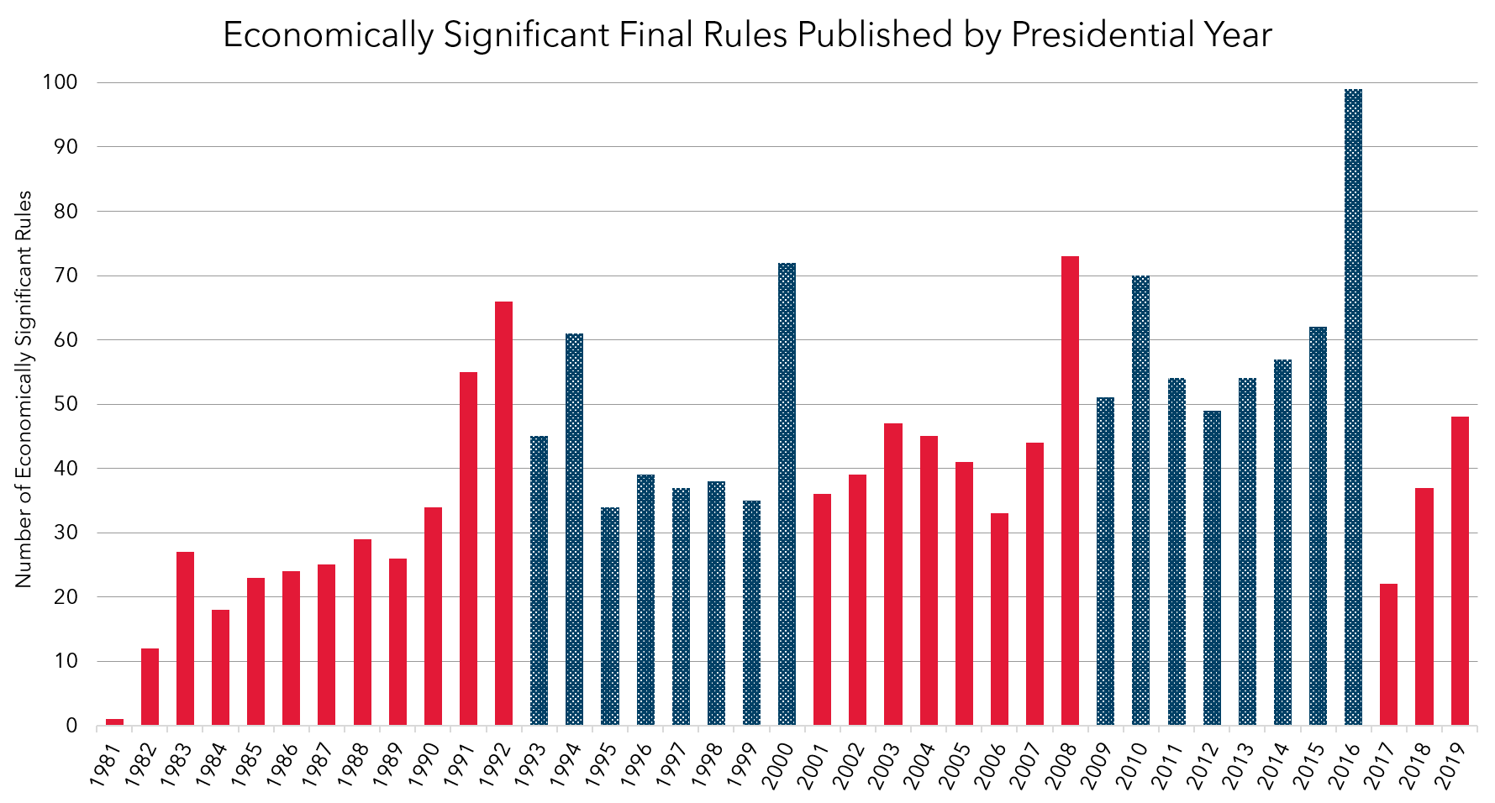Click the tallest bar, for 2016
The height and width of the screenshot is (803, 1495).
point(1353,407)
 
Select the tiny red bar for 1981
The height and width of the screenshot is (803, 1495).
point(114,722)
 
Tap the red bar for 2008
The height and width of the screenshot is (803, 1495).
point(1070,491)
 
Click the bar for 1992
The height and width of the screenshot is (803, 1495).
point(503,513)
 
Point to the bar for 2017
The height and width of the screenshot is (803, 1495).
point(1388,654)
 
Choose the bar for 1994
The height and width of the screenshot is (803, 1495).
point(574,529)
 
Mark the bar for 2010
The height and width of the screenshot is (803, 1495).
point(1140,501)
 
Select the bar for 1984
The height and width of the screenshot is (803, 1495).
point(220,667)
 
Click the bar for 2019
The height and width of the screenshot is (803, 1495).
point(1460,571)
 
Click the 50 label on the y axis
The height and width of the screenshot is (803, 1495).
point(66,404)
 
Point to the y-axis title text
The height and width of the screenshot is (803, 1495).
point(24,389)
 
